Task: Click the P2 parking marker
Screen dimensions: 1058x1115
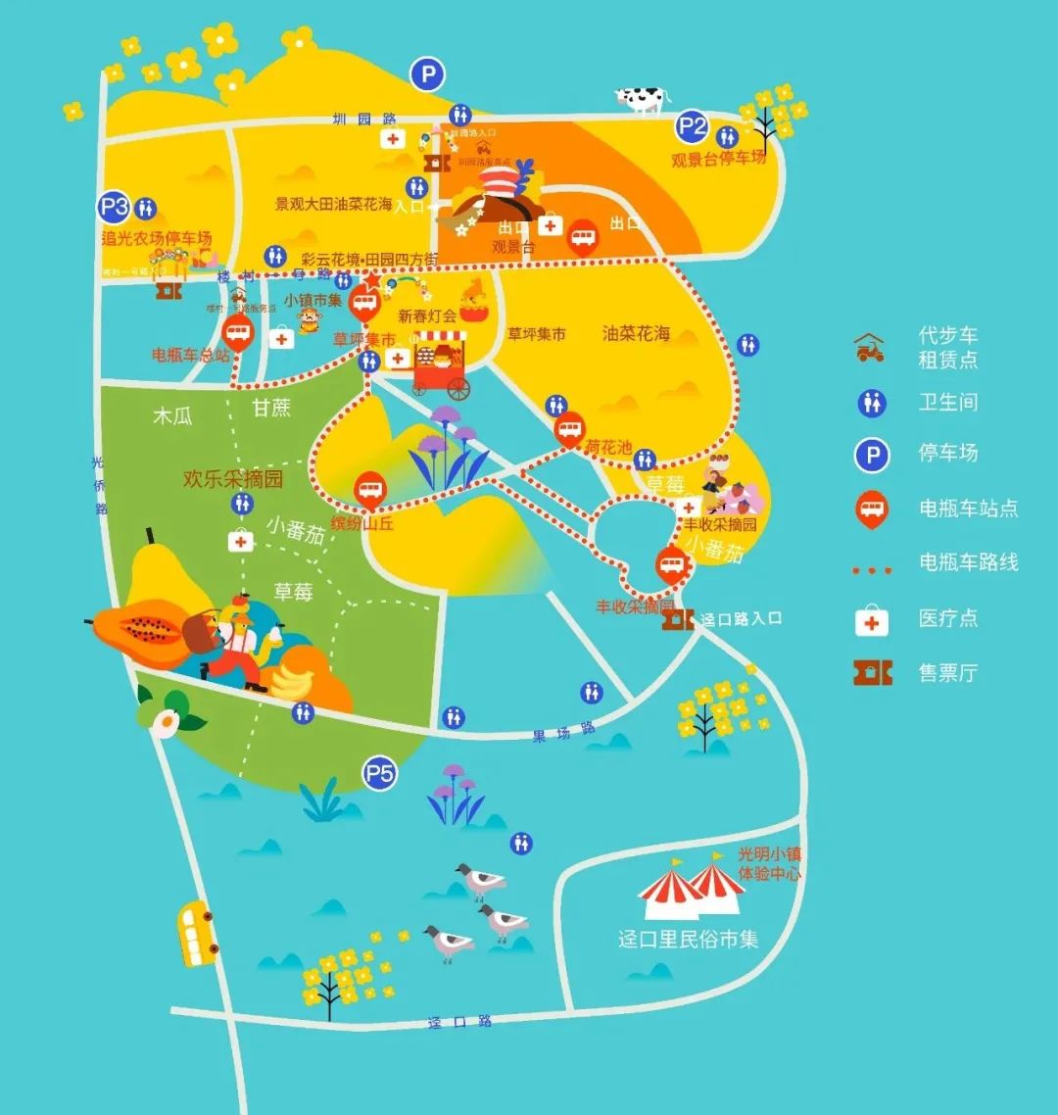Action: pos(693,126)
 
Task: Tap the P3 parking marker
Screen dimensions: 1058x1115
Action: pos(115,207)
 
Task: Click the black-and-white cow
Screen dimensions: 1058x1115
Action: pos(641,98)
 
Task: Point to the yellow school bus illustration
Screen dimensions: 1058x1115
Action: pos(196,933)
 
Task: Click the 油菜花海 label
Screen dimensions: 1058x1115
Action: pos(637,334)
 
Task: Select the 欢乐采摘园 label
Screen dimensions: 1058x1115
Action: pos(233,479)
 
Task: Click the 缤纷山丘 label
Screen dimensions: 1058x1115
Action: pos(362,523)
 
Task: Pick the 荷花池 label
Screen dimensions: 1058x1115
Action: pos(608,447)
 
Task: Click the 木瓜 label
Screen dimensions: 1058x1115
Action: pos(172,415)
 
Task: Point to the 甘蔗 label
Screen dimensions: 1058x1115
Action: pos(271,408)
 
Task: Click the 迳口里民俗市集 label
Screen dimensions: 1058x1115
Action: pos(689,939)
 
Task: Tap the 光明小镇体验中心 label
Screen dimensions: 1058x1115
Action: pos(769,864)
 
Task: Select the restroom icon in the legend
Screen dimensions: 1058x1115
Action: pos(871,403)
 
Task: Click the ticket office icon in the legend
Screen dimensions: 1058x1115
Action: pos(872,672)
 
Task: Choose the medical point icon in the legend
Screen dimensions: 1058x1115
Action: pos(872,619)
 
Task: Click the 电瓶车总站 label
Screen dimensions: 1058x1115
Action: pos(190,355)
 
